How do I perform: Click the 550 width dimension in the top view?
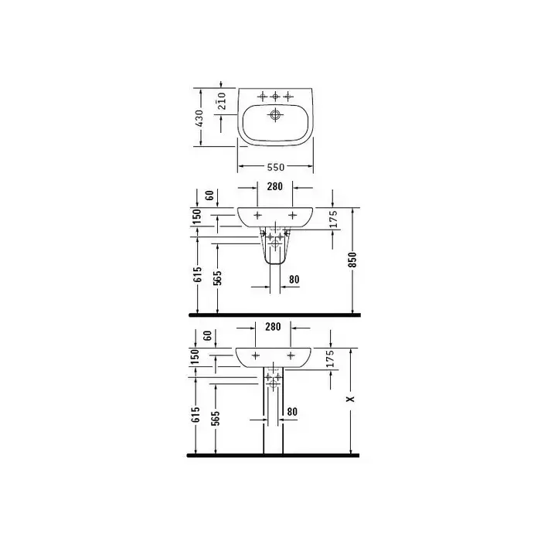pyautogui.click(x=276, y=168)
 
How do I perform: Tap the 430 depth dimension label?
pyautogui.click(x=199, y=118)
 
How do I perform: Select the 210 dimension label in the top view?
pyautogui.click(x=222, y=100)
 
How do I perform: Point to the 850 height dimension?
pyautogui.click(x=352, y=260)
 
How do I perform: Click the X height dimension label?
pyautogui.click(x=350, y=399)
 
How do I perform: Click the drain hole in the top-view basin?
pyautogui.click(x=275, y=114)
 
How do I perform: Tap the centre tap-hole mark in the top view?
pyautogui.click(x=275, y=97)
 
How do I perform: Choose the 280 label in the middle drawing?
pyautogui.click(x=275, y=187)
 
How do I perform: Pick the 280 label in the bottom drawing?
pyautogui.click(x=273, y=327)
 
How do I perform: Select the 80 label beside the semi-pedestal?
pyautogui.click(x=294, y=280)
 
